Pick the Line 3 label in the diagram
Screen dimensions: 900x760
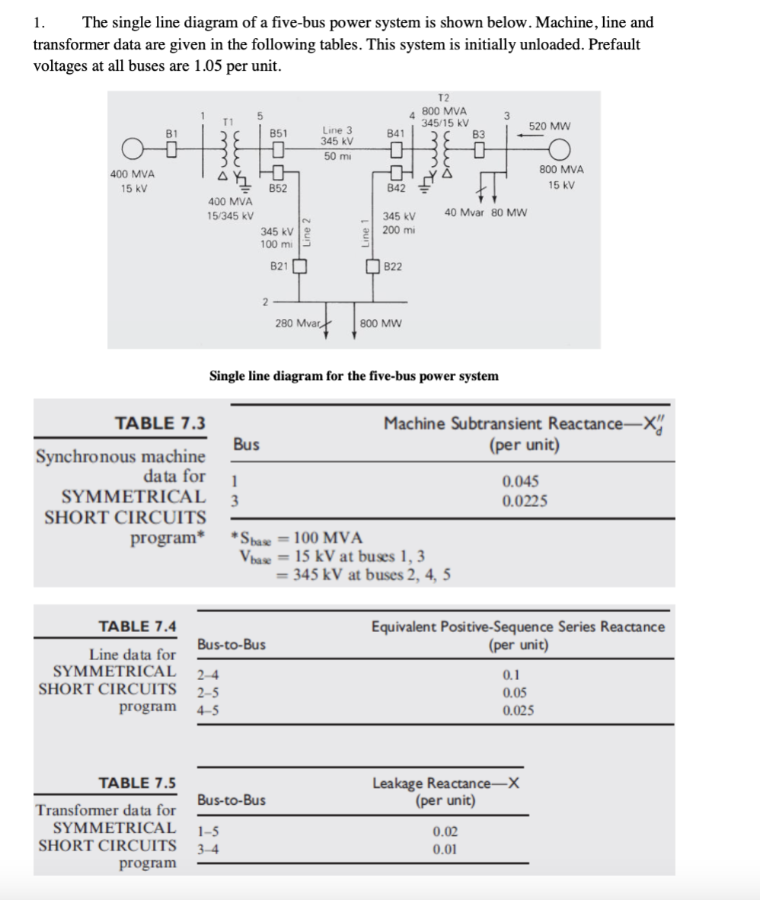point(336,130)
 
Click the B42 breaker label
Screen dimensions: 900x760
point(394,187)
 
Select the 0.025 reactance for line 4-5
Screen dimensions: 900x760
point(518,711)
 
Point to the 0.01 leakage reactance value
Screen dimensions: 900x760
point(445,851)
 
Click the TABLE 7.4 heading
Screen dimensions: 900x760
point(139,627)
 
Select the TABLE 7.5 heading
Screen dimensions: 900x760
point(139,782)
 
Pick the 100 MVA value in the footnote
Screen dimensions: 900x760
point(328,539)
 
